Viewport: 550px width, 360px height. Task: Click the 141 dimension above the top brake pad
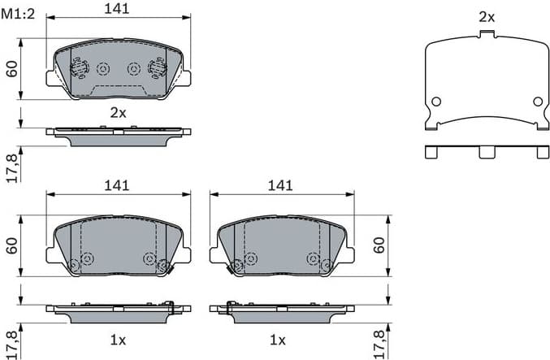click(119, 9)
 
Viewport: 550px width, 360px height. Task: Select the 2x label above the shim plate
click(487, 16)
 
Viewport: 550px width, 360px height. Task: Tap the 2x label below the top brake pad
click(119, 112)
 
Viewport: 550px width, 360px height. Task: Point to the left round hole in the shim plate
click(435, 102)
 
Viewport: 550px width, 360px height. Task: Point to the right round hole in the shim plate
click(537, 102)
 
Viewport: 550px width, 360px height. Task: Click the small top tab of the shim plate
click(487, 33)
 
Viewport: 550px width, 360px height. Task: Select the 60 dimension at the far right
click(379, 245)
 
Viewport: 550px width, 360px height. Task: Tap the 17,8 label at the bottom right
click(379, 343)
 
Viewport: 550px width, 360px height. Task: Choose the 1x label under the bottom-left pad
click(119, 339)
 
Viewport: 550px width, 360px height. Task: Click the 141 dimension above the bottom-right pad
click(280, 185)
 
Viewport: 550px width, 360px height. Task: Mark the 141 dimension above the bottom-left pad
click(117, 185)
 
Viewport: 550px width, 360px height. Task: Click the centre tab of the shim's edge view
click(487, 152)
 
